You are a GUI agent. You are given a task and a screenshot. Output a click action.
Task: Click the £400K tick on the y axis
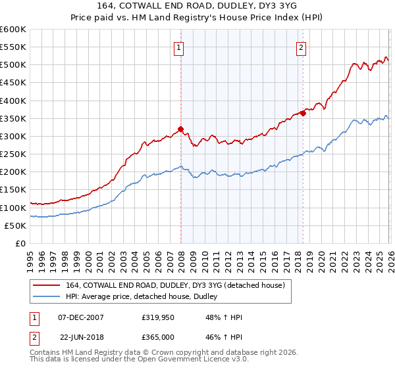tap(13, 101)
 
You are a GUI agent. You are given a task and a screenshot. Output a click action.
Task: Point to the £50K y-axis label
tap(15, 225)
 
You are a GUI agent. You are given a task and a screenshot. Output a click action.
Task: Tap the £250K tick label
tap(13, 154)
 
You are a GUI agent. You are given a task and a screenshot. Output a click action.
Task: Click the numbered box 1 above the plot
tap(179, 47)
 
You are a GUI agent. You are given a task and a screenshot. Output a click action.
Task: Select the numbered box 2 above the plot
tap(301, 47)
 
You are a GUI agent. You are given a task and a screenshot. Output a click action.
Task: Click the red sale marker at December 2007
tap(180, 129)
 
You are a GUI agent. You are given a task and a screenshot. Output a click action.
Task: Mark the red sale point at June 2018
tap(303, 113)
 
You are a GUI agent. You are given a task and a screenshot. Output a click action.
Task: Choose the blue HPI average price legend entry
tap(145, 297)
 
